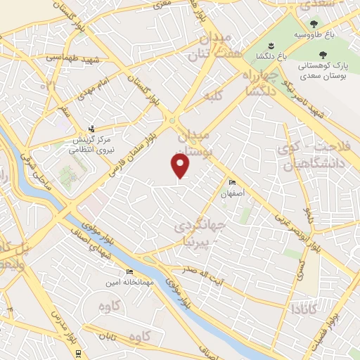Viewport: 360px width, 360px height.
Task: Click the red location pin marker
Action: (x=180, y=165)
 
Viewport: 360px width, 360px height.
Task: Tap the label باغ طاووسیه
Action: (x=309, y=34)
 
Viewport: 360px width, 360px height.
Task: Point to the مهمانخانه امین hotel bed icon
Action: (x=129, y=271)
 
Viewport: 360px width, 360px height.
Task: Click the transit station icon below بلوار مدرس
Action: (x=78, y=352)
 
